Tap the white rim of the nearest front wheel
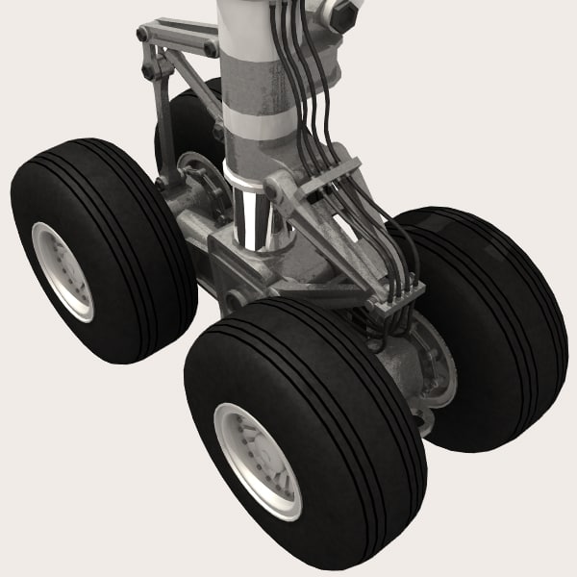click(256, 460)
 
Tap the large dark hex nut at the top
click(343, 13)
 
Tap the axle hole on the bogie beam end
click(235, 298)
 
